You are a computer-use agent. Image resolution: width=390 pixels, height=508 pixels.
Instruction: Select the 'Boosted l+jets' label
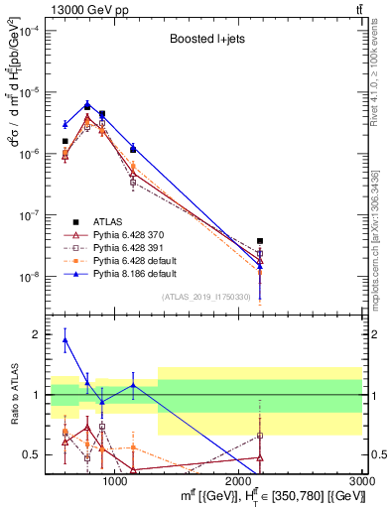click(207, 41)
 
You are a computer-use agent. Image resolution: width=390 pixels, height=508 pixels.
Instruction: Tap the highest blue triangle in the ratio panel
click(65, 339)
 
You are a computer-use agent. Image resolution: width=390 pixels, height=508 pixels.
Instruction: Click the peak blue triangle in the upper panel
click(87, 104)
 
